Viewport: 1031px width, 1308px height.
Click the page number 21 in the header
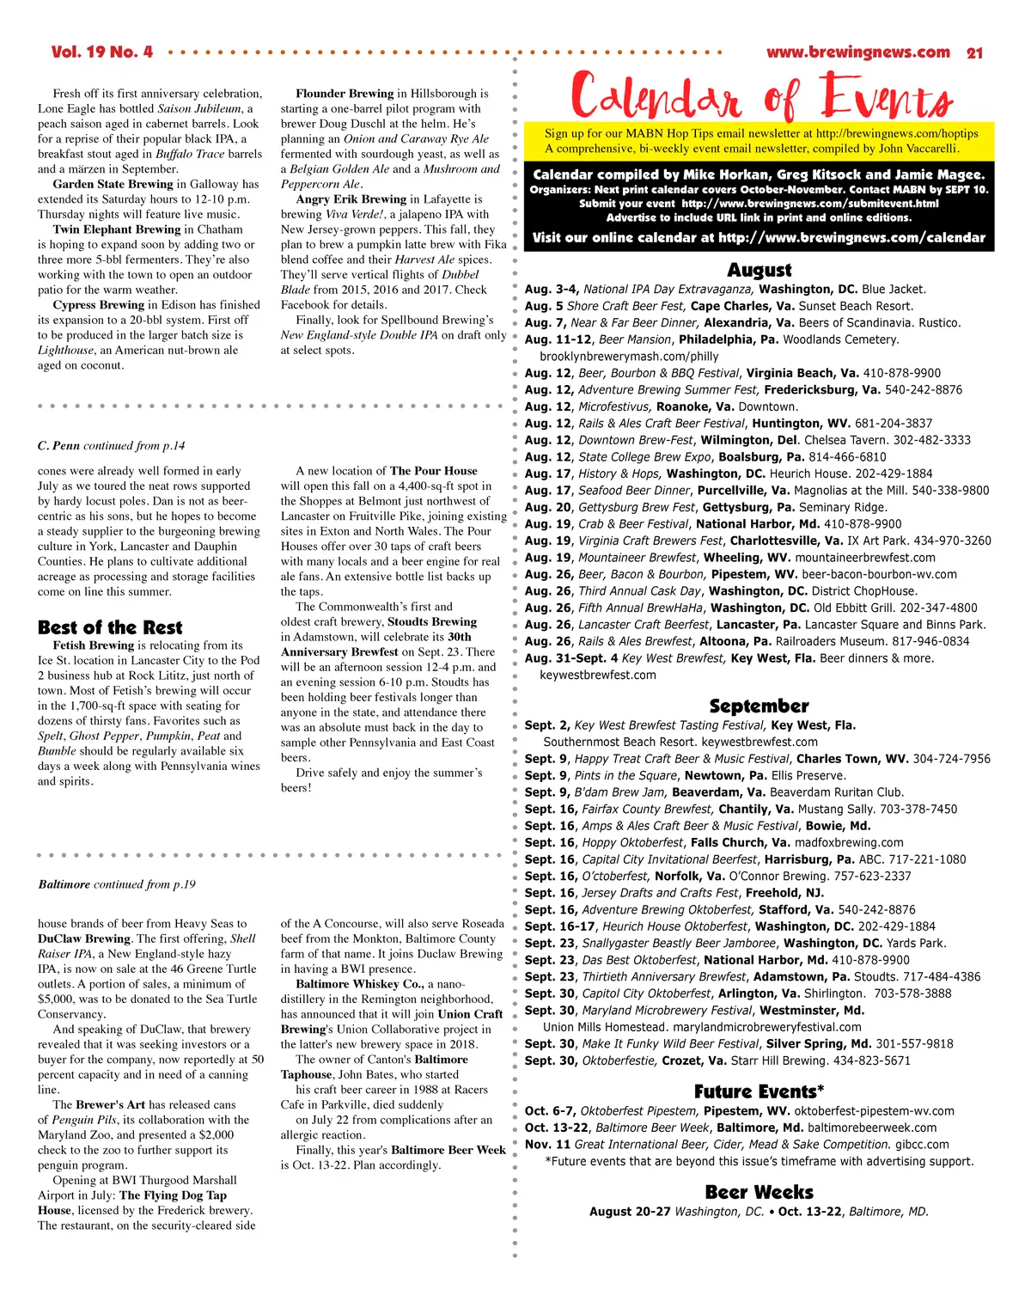tap(974, 53)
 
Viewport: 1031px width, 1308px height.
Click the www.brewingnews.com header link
tap(857, 52)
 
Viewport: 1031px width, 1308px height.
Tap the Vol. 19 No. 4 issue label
tap(102, 52)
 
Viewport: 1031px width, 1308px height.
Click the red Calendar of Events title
tap(760, 95)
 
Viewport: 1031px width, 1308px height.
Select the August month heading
tap(760, 270)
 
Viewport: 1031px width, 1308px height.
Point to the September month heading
tap(760, 706)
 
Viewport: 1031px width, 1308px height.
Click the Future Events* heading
tap(760, 1092)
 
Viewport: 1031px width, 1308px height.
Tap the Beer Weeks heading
tap(760, 1193)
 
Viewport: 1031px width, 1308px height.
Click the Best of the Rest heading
tap(110, 627)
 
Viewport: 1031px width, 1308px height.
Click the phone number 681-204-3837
tap(894, 424)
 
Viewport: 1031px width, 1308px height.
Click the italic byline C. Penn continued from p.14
tap(111, 445)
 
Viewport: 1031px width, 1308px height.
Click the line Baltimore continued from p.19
tap(117, 884)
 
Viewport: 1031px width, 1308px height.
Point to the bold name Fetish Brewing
tap(94, 645)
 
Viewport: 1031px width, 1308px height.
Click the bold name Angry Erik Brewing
tap(351, 199)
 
